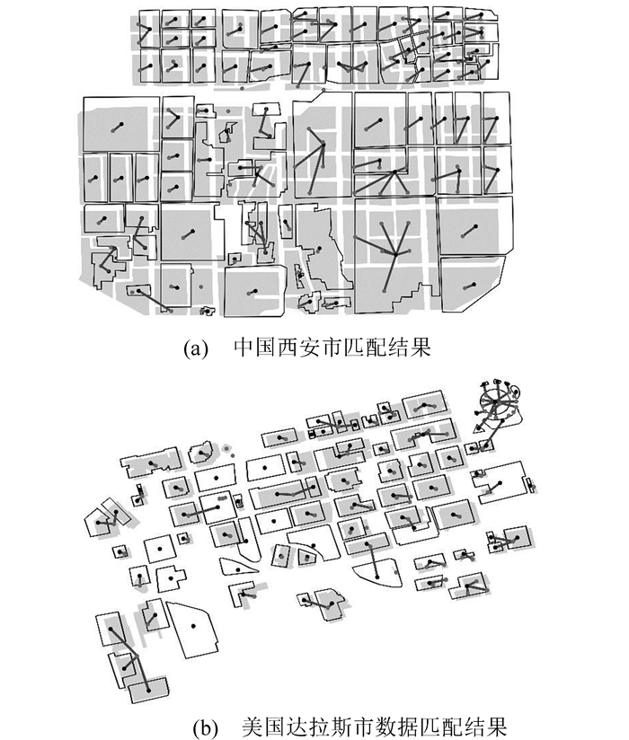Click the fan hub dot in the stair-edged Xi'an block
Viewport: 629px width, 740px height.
[x=392, y=254]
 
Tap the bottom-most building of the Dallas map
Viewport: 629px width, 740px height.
[x=148, y=687]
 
